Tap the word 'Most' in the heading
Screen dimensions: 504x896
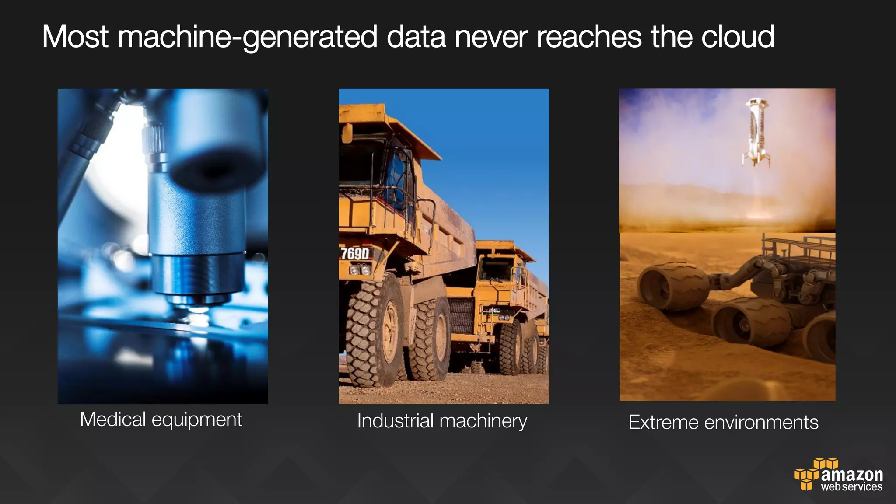75,37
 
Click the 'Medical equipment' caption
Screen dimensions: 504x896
161,420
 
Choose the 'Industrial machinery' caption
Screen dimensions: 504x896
442,421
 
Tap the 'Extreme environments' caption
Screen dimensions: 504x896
723,423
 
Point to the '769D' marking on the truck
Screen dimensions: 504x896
355,253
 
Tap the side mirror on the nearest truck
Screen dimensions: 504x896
347,133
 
